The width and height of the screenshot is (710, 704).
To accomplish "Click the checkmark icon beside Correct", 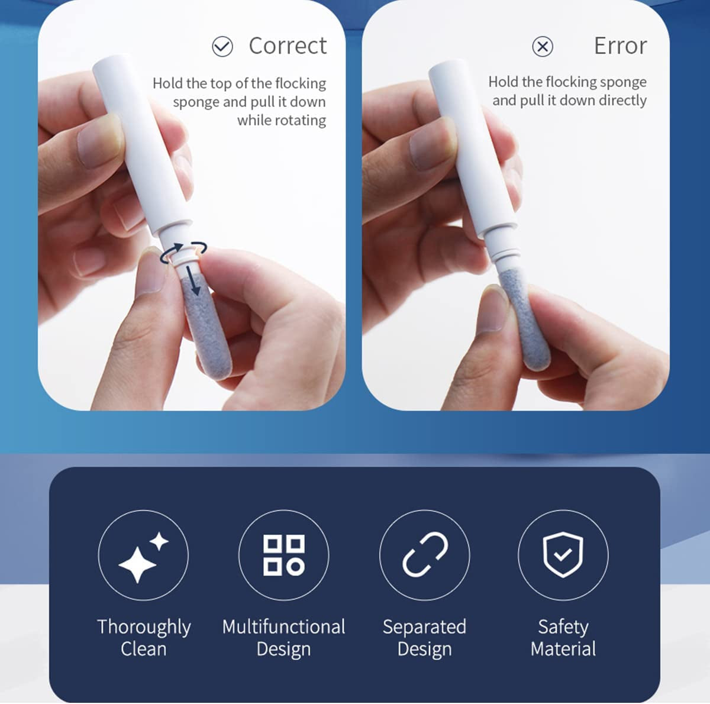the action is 222,47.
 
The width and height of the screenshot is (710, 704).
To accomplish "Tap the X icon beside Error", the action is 543,47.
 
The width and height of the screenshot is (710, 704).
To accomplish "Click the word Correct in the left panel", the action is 288,46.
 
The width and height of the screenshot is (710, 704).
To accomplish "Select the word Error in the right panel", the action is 621,46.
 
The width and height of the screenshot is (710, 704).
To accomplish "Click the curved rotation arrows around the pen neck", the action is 183,253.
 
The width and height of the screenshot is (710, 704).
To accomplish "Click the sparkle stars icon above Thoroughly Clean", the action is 143,557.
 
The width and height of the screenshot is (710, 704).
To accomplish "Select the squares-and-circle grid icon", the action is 284,555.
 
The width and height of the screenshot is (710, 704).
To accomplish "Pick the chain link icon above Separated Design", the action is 425,554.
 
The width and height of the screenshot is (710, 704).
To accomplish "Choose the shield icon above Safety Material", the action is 563,554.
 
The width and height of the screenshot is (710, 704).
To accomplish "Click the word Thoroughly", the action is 144,628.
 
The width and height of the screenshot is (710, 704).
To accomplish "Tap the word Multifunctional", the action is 284,627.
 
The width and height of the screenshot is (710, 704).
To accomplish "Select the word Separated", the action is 424,628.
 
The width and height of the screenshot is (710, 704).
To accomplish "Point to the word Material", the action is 563,649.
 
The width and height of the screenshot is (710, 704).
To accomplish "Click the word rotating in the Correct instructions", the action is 282,121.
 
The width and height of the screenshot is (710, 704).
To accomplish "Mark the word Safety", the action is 563,628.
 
